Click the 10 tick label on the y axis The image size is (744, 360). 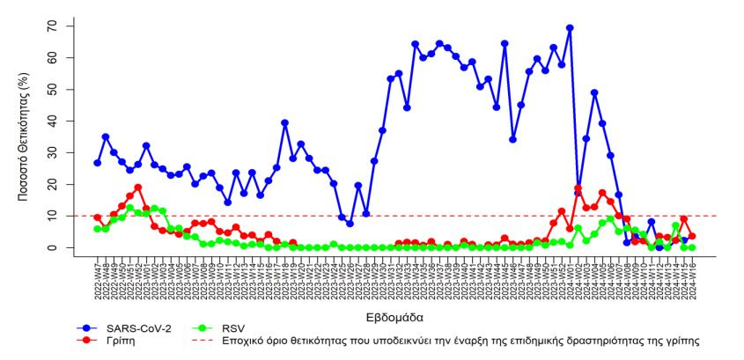pos(53,216)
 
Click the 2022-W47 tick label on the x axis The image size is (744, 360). pos(98,276)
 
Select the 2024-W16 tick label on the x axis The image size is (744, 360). pos(692,276)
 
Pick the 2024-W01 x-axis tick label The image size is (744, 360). pos(570,276)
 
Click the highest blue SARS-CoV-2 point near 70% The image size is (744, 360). pos(570,28)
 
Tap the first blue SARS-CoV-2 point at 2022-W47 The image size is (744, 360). pos(98,163)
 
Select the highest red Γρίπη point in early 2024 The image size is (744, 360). pos(578,188)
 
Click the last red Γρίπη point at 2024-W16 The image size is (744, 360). pos(692,236)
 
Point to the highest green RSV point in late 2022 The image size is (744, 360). pos(130,209)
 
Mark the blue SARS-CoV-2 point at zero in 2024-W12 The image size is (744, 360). pos(659,247)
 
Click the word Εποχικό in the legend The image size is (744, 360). pos(249,340)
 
